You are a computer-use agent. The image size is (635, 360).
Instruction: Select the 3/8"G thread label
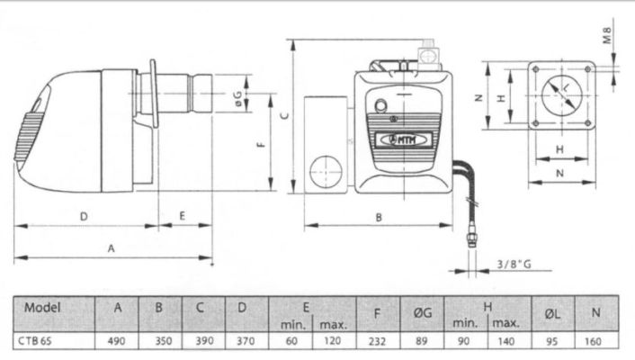click(x=514, y=264)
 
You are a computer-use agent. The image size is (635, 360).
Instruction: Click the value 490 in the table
click(x=118, y=341)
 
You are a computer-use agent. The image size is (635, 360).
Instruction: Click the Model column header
click(x=42, y=307)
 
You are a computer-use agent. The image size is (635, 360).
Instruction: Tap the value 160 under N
click(x=596, y=341)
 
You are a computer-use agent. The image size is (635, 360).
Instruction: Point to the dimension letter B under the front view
click(x=379, y=217)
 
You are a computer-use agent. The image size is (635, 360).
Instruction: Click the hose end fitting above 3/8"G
click(x=469, y=239)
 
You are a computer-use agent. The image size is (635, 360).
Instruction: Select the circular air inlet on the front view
click(x=321, y=171)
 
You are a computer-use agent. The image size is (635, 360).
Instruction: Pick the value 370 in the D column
click(x=243, y=341)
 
